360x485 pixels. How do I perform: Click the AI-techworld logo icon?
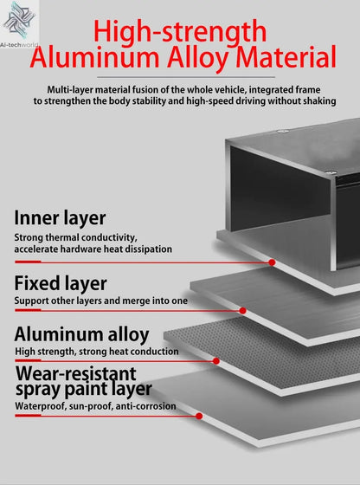tap(18, 21)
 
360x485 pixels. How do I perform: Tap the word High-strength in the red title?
tap(180, 32)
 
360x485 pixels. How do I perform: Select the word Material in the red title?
tap(286, 57)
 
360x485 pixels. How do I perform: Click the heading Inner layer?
tap(60, 218)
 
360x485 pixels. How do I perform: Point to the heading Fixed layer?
tap(61, 283)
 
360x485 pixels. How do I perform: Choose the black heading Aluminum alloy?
tap(81, 335)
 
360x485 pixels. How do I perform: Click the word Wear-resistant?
tap(75, 373)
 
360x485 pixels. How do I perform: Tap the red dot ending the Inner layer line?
tap(272, 262)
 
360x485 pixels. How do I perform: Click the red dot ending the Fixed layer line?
tap(243, 311)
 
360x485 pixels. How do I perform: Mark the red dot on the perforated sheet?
tap(216, 361)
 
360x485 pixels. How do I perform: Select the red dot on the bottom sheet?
tap(199, 416)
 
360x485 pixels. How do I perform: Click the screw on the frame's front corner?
tap(331, 172)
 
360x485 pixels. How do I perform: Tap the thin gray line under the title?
tap(186, 77)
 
